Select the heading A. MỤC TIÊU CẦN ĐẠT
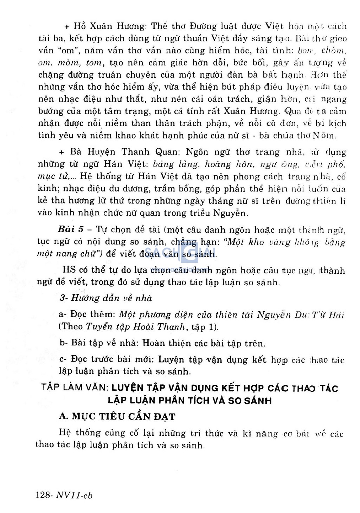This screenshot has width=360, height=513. pos(117,416)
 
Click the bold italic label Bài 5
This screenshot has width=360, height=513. pos(71,229)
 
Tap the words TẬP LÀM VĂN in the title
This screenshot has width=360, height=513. pos(73,388)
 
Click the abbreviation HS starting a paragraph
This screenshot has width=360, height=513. pos(69,270)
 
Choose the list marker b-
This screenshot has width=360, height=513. pos(64,343)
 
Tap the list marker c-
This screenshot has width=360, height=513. pos(63,359)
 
